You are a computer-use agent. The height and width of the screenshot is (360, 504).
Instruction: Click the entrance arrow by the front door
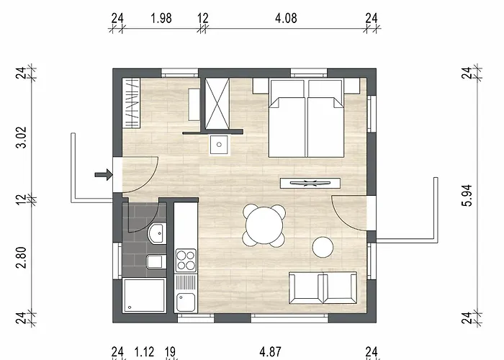tap(104, 175)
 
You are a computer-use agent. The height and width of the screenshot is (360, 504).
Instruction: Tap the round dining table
tap(264, 225)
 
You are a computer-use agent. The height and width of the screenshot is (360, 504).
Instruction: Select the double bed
tap(307, 119)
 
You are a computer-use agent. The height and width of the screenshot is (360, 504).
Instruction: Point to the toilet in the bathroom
tap(156, 261)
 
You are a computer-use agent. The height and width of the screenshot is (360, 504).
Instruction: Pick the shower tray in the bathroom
tap(144, 296)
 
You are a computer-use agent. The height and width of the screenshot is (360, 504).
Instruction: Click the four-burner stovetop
tap(186, 261)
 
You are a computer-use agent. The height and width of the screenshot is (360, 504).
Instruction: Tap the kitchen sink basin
tap(186, 302)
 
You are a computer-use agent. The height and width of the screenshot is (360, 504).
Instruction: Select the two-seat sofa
tap(323, 288)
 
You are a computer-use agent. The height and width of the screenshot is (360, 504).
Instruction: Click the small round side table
tap(323, 247)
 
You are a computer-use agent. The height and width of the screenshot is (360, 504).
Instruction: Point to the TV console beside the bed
tap(310, 183)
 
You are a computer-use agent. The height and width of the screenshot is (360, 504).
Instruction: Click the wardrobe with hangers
tap(132, 103)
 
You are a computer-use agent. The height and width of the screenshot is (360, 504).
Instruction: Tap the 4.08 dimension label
tap(286, 18)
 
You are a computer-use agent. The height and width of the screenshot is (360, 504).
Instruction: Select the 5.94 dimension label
tap(468, 195)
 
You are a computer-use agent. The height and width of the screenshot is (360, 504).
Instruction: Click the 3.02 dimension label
tap(22, 137)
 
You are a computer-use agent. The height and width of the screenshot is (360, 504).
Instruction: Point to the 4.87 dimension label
tap(270, 352)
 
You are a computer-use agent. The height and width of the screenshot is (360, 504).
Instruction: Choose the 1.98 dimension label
tap(161, 18)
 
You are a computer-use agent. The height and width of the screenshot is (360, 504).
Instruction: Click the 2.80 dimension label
tap(22, 258)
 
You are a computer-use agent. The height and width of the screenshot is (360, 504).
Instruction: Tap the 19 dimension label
tap(170, 352)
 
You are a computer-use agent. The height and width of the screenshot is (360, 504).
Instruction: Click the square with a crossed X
tap(217, 104)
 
